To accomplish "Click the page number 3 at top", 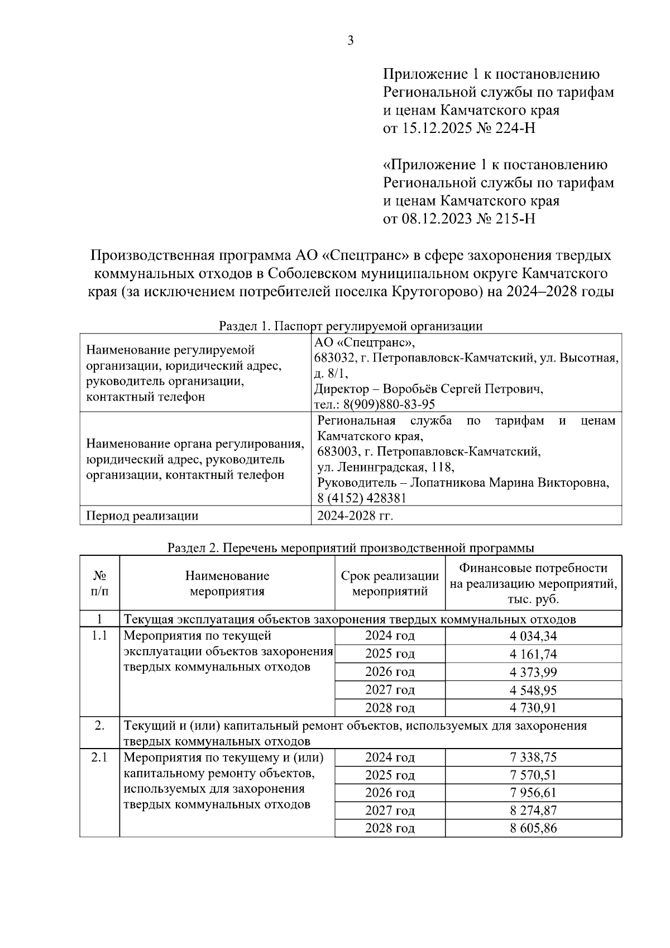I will click(x=350, y=41).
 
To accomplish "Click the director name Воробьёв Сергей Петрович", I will click(x=463, y=389).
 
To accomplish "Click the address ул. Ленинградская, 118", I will click(x=385, y=466).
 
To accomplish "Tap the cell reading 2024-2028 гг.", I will click(x=355, y=516).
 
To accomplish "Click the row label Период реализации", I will click(x=142, y=516).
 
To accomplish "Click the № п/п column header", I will click(x=99, y=583).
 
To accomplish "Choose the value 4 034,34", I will click(x=533, y=636).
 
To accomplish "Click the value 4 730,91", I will click(x=533, y=708).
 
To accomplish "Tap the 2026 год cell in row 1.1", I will click(x=390, y=672).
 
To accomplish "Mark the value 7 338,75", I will click(x=533, y=758).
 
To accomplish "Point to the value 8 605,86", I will click(x=533, y=828).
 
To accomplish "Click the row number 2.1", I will click(x=99, y=758).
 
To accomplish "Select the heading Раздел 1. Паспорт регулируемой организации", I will click(x=350, y=326).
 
